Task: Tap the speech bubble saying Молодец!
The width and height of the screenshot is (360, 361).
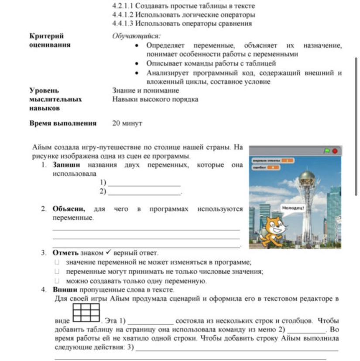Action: (x=293, y=208)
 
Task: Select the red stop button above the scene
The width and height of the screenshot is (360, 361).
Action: (x=335, y=151)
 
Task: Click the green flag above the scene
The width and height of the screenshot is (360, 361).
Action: (x=327, y=151)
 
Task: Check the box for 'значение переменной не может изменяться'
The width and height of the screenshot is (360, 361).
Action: (x=56, y=262)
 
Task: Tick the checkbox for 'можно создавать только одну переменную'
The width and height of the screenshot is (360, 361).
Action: (x=56, y=281)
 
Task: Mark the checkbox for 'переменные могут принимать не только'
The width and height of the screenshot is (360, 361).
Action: (x=56, y=272)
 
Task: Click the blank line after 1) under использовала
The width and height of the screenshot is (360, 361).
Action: (x=144, y=183)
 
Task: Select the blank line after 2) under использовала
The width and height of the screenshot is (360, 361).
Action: (x=144, y=192)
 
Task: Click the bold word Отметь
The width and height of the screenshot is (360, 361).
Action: (x=65, y=253)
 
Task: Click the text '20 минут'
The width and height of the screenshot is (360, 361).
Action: (x=127, y=124)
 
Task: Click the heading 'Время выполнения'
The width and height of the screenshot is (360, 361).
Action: (x=63, y=124)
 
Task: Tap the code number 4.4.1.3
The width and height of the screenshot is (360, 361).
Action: (x=123, y=24)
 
